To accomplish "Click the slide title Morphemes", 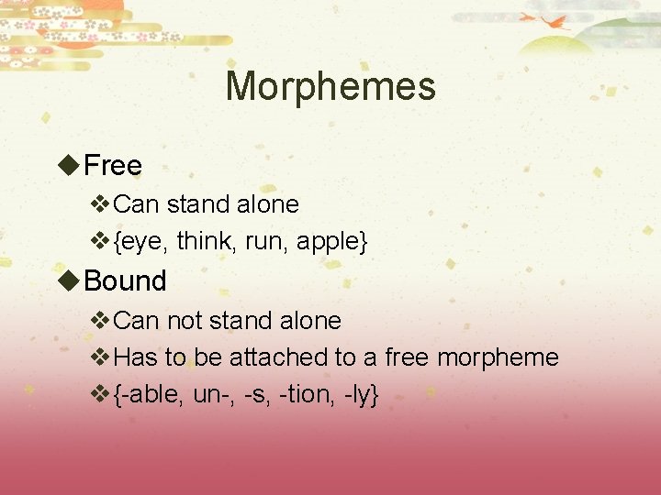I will pos(330,87).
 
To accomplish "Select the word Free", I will pos(113,166).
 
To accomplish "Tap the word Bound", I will pos(125,280).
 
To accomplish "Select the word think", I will pos(205,241).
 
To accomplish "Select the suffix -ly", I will pos(358,395).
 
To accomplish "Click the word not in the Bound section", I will pos(184,321).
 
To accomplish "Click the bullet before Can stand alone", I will pos(101,203).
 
